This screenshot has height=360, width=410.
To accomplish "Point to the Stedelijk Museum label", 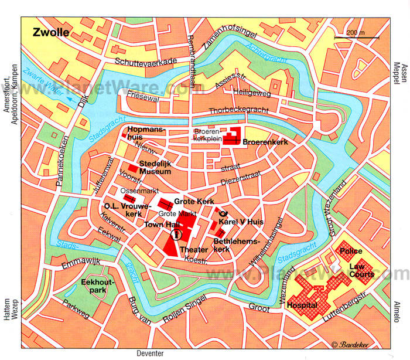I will pos(155,168).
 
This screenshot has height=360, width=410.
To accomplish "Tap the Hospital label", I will pos(302,305).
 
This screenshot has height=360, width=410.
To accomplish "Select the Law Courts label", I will pos(361,270).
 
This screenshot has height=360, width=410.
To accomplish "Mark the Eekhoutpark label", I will pos(97,285).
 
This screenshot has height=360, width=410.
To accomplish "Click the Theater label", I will pos(194,250).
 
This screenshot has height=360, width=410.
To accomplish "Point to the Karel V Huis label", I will pos(241,222).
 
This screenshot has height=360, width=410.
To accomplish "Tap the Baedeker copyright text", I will pos(351,345).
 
